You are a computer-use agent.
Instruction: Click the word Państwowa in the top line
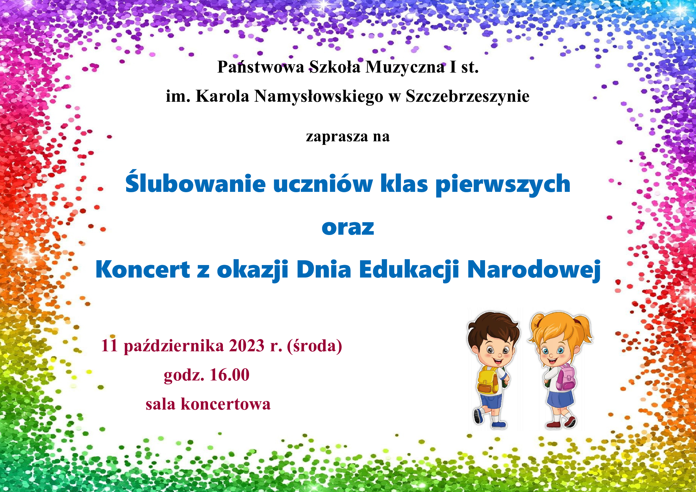(260, 67)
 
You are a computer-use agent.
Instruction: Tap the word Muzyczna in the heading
(405, 67)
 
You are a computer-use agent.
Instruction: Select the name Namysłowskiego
(319, 96)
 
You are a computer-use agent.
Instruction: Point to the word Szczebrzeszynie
(467, 96)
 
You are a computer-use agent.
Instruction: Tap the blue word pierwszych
(503, 184)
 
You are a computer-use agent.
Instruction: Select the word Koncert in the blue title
(143, 269)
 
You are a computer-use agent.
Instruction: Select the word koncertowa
(226, 404)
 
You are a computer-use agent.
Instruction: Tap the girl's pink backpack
(566, 377)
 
